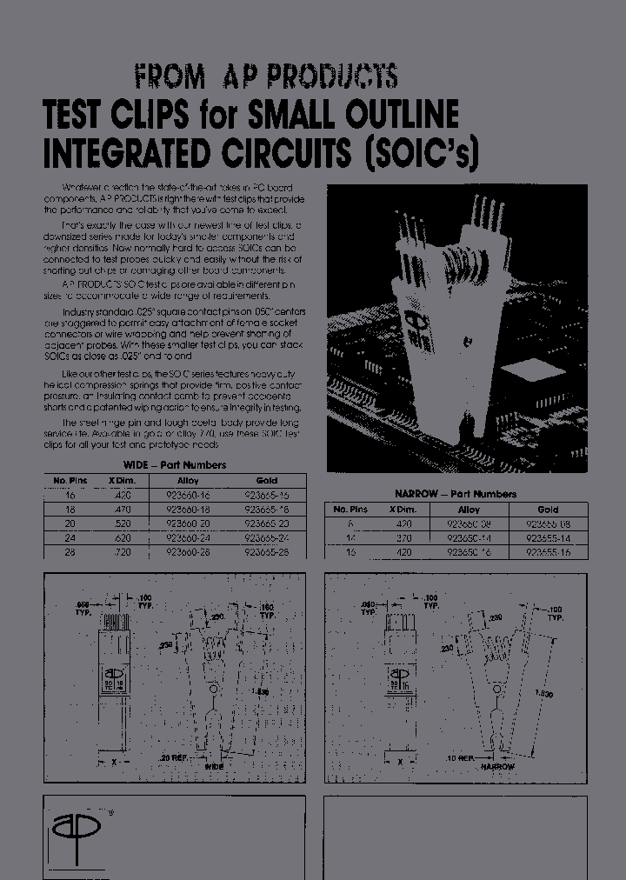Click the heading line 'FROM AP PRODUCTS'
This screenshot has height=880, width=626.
click(x=266, y=77)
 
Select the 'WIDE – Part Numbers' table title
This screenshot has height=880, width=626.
click(x=175, y=465)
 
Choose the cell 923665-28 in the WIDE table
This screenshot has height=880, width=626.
click(x=267, y=550)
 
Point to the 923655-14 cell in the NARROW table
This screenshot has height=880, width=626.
click(x=548, y=538)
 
